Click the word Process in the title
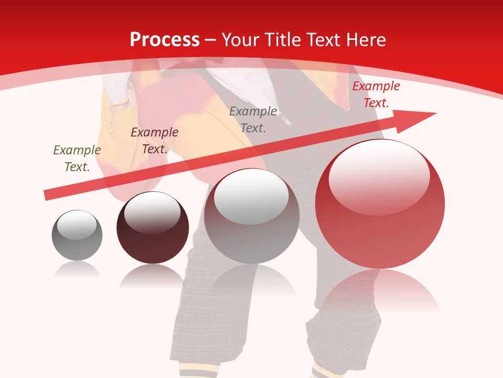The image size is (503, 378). (x=165, y=40)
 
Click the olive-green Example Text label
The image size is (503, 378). (x=77, y=159)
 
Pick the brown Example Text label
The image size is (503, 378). (x=155, y=141)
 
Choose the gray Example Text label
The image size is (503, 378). (x=253, y=120)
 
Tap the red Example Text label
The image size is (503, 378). (x=376, y=94)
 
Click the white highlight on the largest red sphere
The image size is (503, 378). (x=379, y=176)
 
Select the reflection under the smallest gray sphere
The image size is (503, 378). (x=77, y=270)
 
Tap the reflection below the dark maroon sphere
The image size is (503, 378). (x=152, y=276)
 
